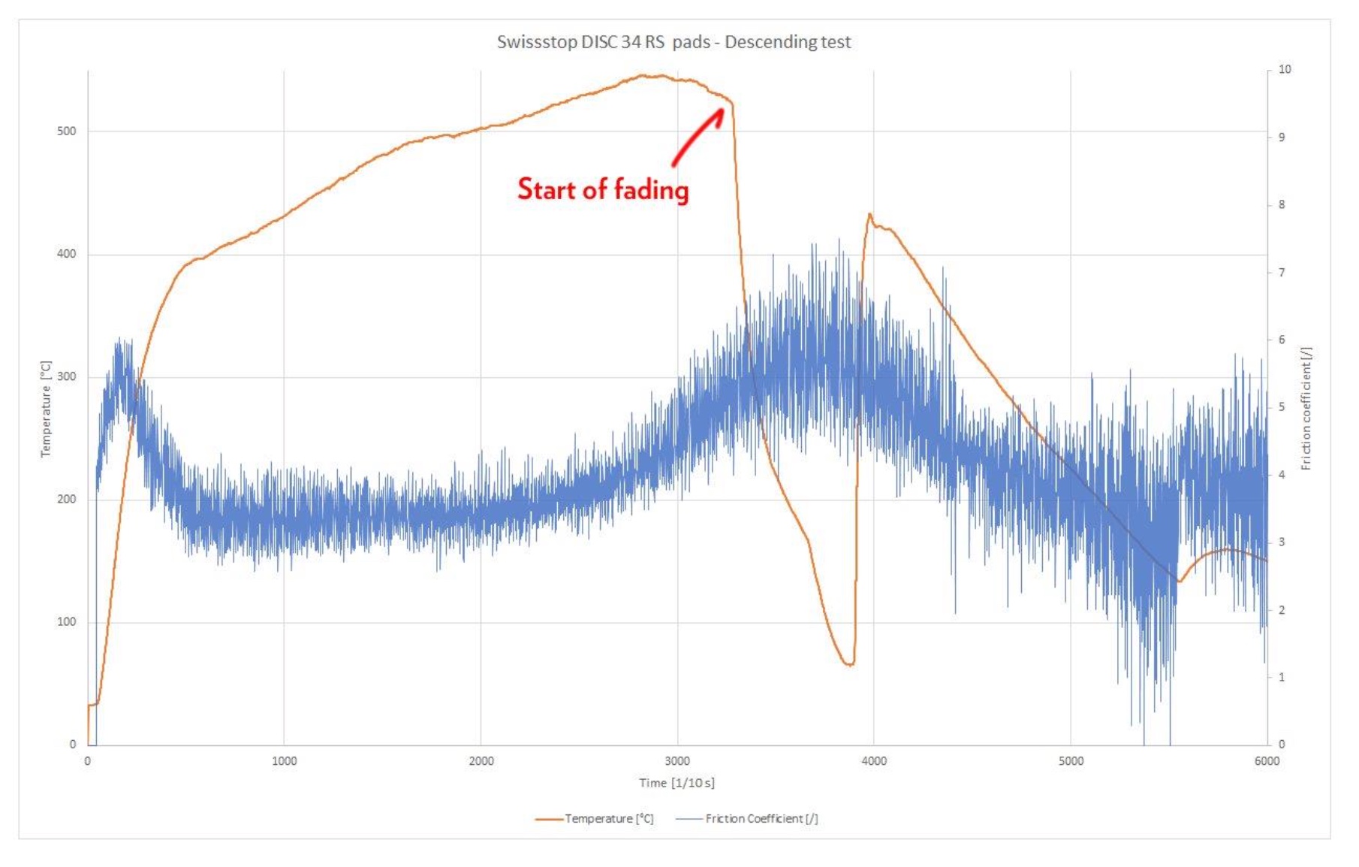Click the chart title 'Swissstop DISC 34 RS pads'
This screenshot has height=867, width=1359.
[673, 42]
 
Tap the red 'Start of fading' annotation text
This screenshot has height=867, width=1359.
[603, 189]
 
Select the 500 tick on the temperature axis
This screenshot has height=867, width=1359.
[67, 131]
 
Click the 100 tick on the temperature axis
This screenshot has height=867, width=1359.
[67, 622]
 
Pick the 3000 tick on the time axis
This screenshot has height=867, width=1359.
[677, 761]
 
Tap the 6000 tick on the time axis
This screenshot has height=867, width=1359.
[1267, 761]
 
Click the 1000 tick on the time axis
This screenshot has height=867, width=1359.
[284, 761]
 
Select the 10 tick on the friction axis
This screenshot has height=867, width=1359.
[1285, 69]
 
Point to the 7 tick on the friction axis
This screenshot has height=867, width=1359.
[1282, 272]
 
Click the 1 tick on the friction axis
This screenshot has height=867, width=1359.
[1282, 677]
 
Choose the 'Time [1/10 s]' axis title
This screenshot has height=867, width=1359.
[676, 783]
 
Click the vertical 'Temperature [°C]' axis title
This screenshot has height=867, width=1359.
[46, 409]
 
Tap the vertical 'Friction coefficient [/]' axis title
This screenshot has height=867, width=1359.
[1306, 409]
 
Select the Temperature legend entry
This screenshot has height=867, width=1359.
[595, 819]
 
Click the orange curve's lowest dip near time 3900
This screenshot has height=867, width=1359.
[849, 665]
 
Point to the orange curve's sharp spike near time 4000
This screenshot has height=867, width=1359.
[869, 215]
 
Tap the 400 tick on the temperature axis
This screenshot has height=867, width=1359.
[67, 254]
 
